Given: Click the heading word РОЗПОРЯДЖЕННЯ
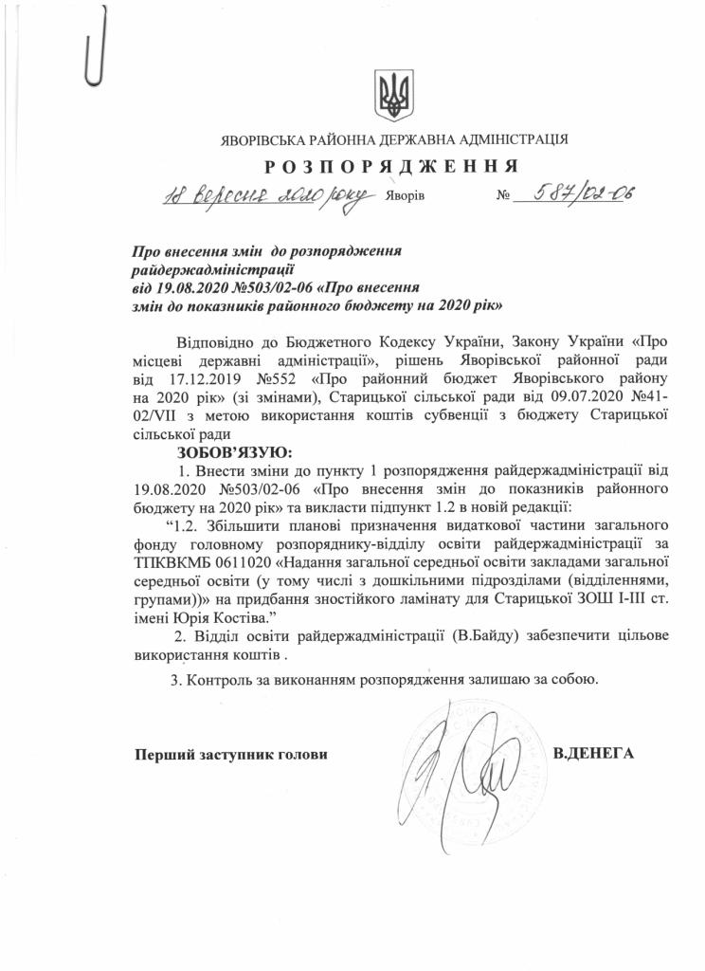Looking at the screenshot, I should (390, 167).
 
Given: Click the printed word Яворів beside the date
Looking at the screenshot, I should (407, 197).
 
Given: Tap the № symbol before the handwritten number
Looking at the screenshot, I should (502, 197).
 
